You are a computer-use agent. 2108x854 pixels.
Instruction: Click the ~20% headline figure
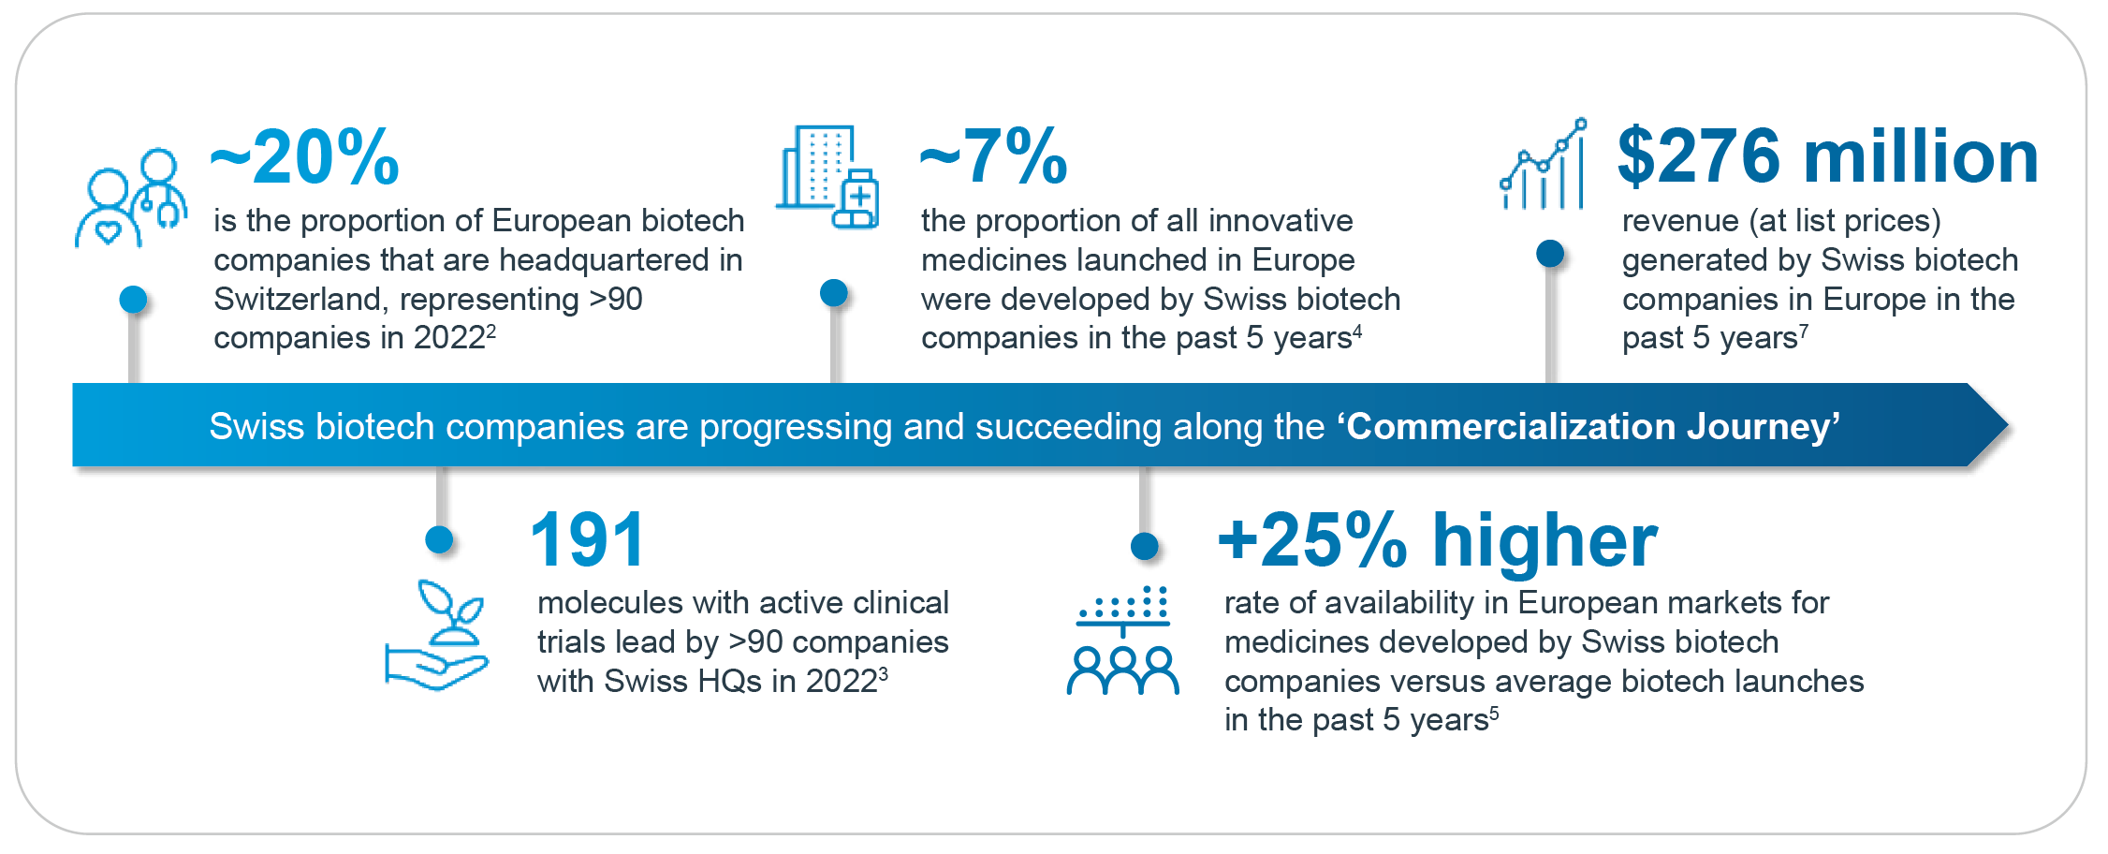305,157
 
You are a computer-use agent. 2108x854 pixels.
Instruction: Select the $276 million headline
1827,156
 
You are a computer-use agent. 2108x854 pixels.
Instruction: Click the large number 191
588,540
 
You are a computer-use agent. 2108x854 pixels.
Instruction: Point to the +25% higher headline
1437,540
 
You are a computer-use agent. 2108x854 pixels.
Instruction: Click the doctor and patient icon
131,198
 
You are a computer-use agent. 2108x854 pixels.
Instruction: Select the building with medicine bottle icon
827,177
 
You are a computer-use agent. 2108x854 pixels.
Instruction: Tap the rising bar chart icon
1543,165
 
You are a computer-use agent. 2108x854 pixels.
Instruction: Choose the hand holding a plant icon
437,636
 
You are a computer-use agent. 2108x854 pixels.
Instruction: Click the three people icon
1122,641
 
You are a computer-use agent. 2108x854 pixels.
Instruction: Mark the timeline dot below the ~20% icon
133,300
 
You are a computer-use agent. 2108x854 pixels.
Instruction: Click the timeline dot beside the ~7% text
833,293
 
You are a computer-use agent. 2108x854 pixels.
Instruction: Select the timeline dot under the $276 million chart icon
1550,253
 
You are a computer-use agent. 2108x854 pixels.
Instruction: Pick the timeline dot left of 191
439,539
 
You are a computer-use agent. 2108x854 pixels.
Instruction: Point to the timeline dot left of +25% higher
1144,546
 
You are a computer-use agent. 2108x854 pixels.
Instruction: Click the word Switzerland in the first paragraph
299,300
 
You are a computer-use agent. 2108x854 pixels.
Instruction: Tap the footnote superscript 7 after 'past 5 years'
1804,331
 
